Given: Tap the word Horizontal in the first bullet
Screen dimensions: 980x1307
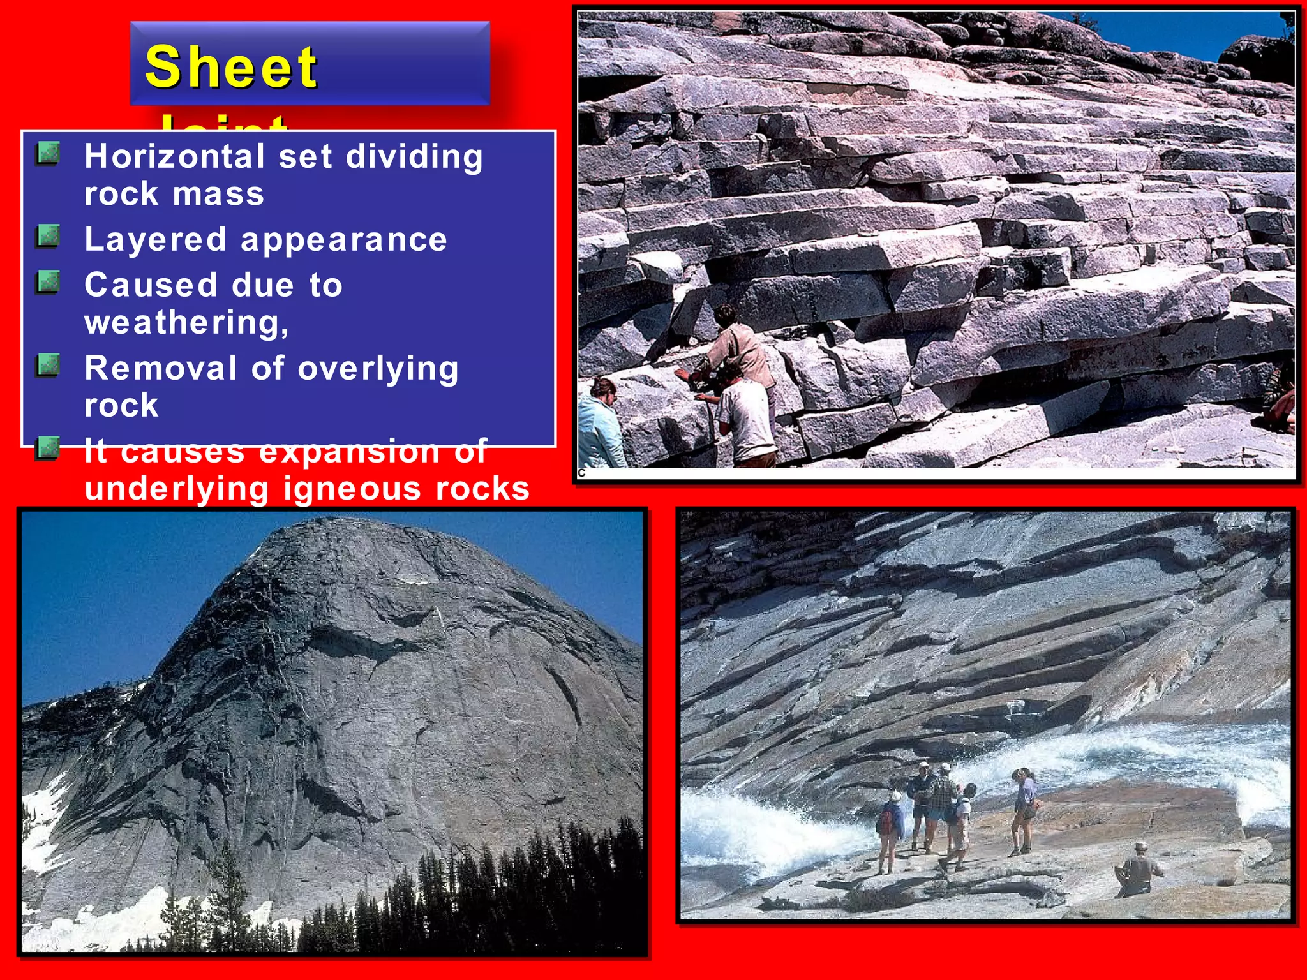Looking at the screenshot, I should pyautogui.click(x=174, y=157).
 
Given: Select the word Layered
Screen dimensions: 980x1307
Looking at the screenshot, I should pyautogui.click(x=155, y=241).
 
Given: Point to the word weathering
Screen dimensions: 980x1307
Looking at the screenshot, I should pyautogui.click(x=186, y=322).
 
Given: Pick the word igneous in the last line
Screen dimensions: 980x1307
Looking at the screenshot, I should pyautogui.click(x=352, y=489).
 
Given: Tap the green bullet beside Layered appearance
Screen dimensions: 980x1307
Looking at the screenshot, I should pyautogui.click(x=48, y=237).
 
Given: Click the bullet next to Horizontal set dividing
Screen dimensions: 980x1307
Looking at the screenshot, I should pyautogui.click(x=48, y=154).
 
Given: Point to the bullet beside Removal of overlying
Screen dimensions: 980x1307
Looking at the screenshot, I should pyautogui.click(x=48, y=366).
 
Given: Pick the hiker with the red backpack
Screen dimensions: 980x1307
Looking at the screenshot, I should pyautogui.click(x=890, y=829).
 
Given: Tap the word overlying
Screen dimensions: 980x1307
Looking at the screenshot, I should pyautogui.click(x=378, y=368).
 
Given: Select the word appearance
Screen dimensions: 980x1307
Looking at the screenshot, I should pyautogui.click(x=344, y=241).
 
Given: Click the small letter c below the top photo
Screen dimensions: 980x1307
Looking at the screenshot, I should pyautogui.click(x=581, y=473).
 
